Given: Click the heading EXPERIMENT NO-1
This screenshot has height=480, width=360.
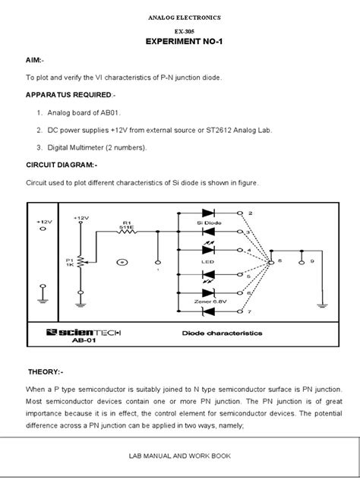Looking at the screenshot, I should click(179, 44).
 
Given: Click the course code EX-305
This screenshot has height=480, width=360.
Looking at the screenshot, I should click(179, 32).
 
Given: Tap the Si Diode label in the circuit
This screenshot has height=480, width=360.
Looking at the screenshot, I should click(208, 223).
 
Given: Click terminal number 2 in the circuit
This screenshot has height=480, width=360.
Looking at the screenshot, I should click(250, 213).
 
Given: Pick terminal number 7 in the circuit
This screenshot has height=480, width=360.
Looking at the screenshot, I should click(250, 311).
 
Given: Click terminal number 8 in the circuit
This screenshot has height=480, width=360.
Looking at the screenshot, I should click(279, 261).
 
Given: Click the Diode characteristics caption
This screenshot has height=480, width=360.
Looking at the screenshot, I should click(222, 333).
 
